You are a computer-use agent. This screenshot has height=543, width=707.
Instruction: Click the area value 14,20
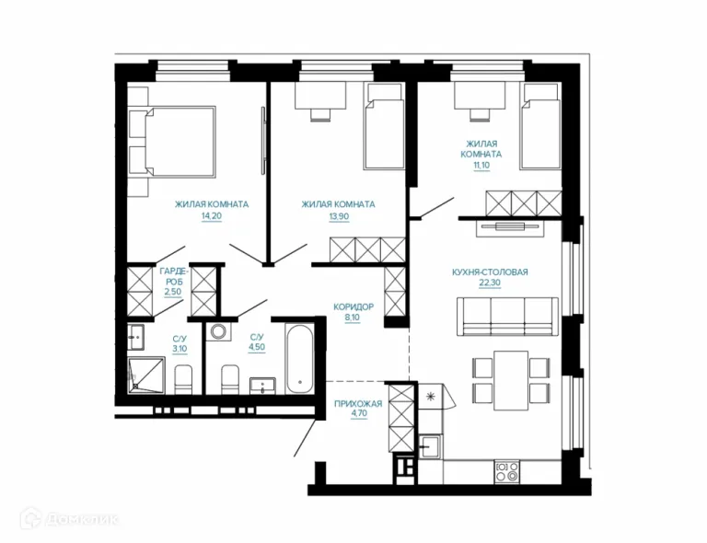(x=212, y=216)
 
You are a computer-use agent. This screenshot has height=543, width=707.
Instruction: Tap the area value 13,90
(x=339, y=216)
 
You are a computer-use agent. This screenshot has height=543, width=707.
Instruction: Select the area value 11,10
(x=481, y=166)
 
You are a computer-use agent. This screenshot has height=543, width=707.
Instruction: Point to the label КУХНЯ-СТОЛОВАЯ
(x=490, y=272)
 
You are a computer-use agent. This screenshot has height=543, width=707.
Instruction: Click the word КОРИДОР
(x=353, y=306)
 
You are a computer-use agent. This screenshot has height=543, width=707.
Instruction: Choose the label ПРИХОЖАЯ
(x=358, y=404)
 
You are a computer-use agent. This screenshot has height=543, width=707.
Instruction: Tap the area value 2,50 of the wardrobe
(x=173, y=292)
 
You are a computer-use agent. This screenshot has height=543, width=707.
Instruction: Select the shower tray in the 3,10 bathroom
(x=146, y=375)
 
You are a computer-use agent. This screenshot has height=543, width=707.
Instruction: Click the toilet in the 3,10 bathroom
(x=183, y=379)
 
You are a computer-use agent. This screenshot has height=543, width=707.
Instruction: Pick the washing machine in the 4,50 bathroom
(x=218, y=331)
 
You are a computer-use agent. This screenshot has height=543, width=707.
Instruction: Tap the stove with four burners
(x=507, y=472)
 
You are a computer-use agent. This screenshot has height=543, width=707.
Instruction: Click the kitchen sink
(x=430, y=446)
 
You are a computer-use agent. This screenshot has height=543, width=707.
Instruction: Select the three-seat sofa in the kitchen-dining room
(x=507, y=317)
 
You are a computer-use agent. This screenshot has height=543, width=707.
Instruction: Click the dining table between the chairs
(x=511, y=381)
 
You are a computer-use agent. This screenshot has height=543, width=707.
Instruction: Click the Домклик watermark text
(x=82, y=520)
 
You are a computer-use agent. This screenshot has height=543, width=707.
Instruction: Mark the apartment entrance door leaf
(x=305, y=438)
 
